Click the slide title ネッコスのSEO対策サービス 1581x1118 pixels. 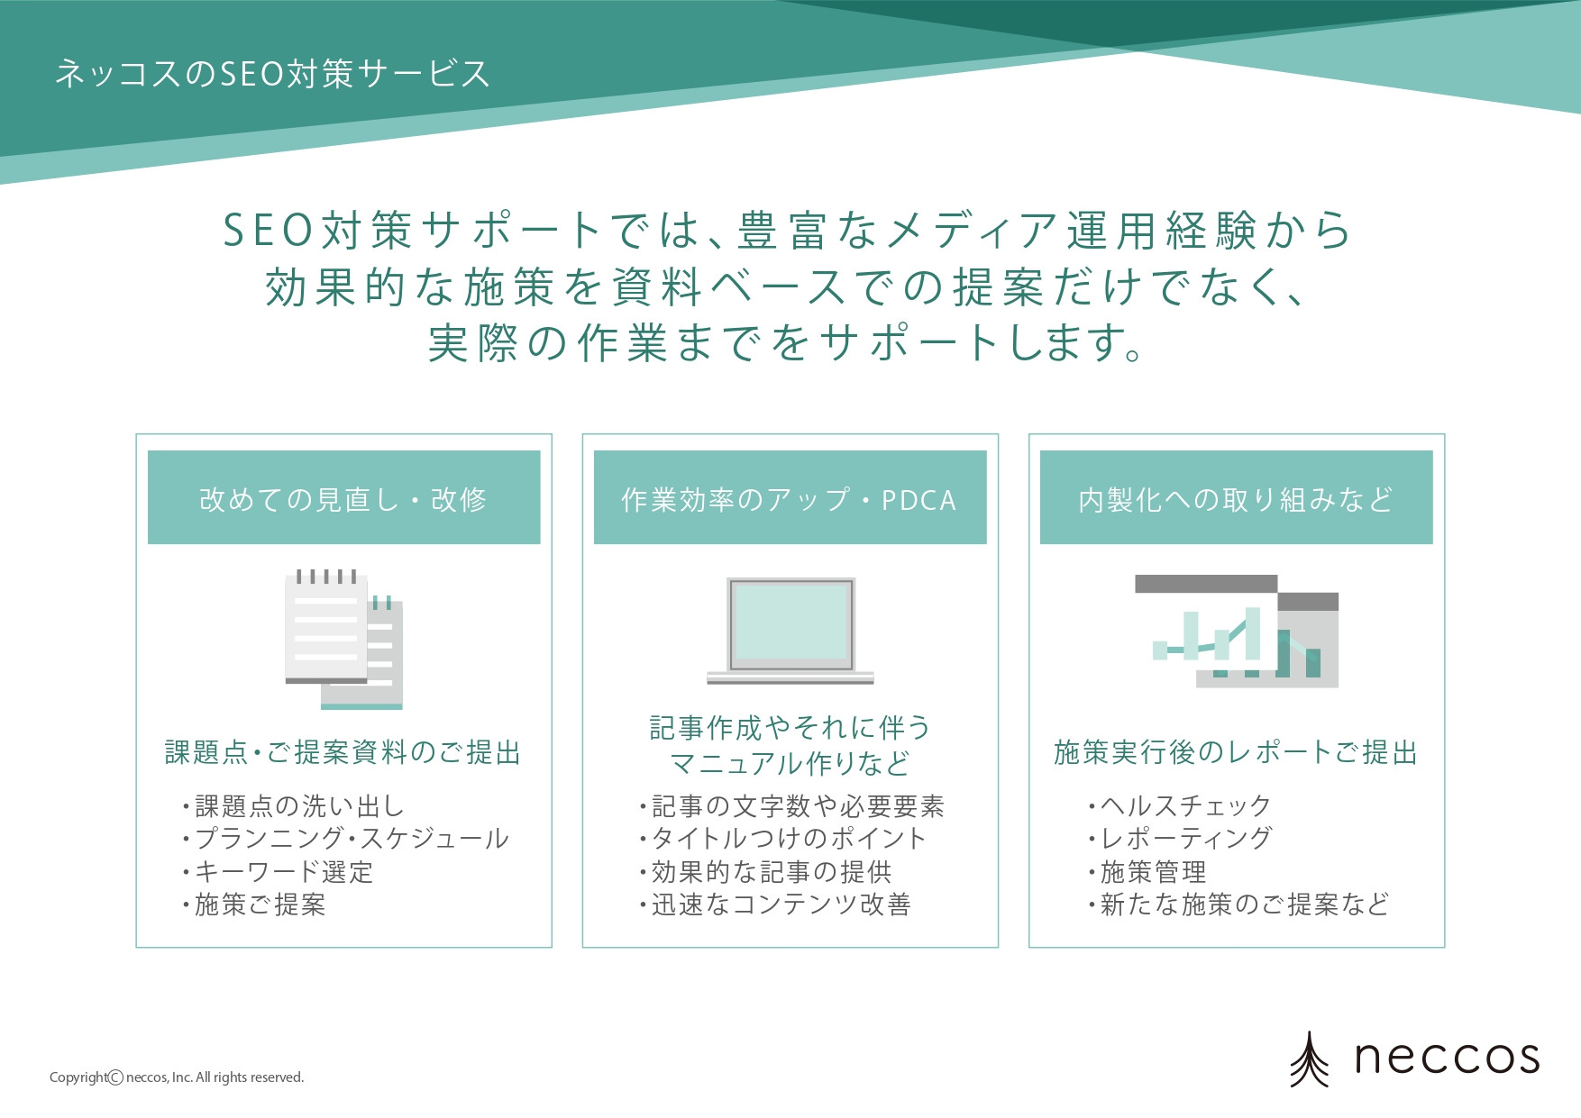272,74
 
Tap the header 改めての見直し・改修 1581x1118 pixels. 343,498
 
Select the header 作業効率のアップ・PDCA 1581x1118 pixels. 789,499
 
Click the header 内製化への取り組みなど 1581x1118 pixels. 1236,498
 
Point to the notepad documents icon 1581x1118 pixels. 343,639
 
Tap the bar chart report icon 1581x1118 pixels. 1236,632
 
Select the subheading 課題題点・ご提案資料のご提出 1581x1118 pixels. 343,752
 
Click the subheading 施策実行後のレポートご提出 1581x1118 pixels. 1236,752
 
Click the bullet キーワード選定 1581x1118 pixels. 283,872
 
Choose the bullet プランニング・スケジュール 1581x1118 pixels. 352,839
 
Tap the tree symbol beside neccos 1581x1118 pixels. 1309,1059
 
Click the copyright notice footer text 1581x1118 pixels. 177,1077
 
